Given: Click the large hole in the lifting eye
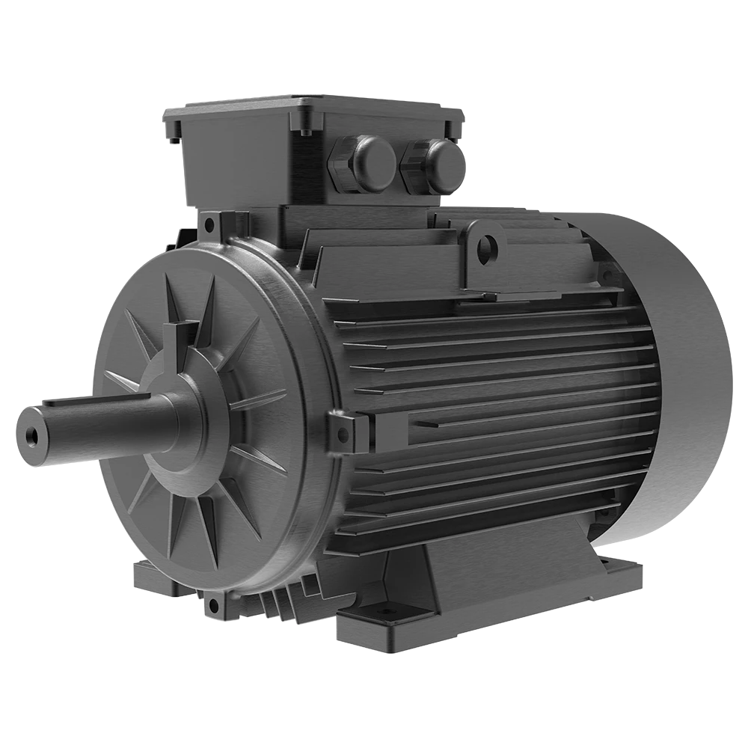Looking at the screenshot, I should (487, 246).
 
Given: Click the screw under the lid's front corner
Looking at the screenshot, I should (305, 133).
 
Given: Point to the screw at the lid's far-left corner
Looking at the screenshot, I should (174, 138).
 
